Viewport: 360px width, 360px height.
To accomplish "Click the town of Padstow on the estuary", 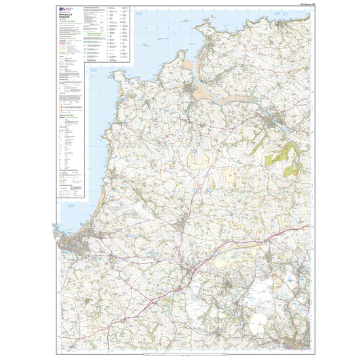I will [189, 88].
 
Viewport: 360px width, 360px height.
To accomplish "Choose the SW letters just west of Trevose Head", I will [94, 70].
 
